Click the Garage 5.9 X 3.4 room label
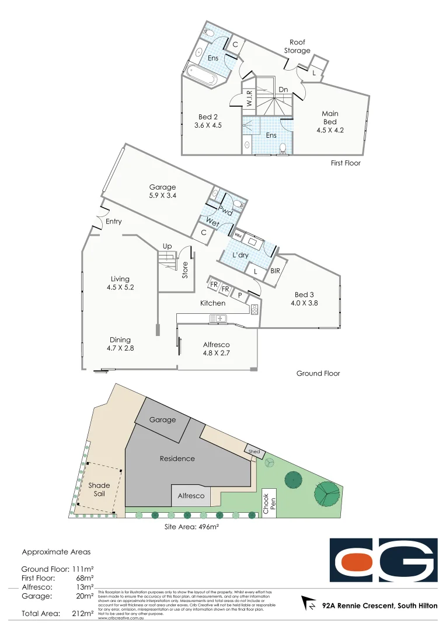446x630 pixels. click(x=162, y=191)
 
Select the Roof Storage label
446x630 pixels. click(x=297, y=47)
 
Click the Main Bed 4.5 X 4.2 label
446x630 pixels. click(x=330, y=122)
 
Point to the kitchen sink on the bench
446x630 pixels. click(x=220, y=318)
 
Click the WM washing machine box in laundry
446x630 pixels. click(x=238, y=235)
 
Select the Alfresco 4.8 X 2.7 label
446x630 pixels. click(x=217, y=348)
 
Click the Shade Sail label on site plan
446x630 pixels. click(x=99, y=489)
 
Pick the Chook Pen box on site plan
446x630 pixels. click(x=269, y=502)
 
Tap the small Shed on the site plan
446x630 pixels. click(x=254, y=452)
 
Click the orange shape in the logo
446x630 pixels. click(x=357, y=563)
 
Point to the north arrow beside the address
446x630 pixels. click(x=307, y=602)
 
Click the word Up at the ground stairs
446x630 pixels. click(x=167, y=246)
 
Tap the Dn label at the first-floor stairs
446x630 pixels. click(x=283, y=89)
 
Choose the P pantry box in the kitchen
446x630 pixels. click(x=239, y=296)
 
